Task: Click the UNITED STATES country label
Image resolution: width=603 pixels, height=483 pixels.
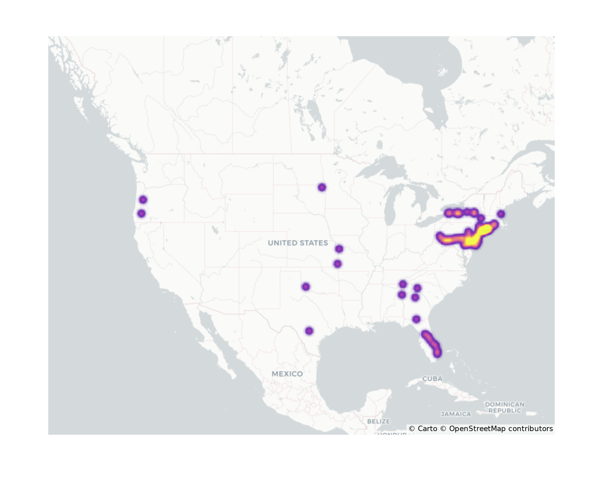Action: coord(298,243)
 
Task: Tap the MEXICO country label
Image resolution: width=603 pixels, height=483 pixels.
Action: coord(287,374)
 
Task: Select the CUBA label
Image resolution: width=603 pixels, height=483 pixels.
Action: coord(432,379)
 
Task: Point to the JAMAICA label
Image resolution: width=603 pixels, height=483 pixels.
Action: coord(456,414)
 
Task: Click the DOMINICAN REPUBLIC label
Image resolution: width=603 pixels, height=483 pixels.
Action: coord(505,407)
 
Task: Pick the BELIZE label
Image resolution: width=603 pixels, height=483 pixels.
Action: coord(378,421)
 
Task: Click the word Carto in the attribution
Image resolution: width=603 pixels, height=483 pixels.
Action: coord(427,429)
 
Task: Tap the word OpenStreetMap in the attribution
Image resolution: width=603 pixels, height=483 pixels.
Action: coord(477,429)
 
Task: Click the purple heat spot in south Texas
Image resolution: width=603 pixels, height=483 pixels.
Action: coord(309,331)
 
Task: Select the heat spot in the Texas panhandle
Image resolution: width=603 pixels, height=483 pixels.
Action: coord(306,286)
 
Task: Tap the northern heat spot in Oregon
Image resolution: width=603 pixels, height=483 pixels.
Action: coord(143,200)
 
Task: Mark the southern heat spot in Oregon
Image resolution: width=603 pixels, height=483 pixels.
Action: coord(141,213)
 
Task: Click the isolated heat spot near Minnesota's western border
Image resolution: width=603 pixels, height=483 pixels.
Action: coord(322,187)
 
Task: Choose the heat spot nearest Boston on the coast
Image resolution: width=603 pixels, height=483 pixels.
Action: coord(501,214)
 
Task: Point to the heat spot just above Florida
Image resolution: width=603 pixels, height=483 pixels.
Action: coord(416,319)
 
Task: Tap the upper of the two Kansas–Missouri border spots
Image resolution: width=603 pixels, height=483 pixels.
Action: coord(339,249)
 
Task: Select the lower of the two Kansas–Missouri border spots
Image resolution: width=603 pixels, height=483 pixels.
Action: coord(338,264)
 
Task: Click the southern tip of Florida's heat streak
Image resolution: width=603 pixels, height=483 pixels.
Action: coord(438,353)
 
